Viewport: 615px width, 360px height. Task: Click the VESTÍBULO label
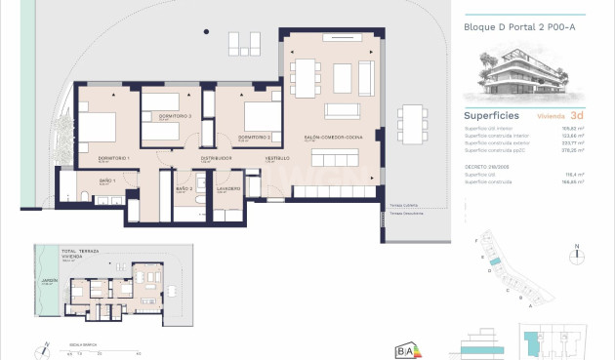click(278, 158)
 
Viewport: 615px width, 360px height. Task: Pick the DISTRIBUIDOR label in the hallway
click(215, 158)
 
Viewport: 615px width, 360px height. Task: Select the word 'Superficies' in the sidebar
click(490, 115)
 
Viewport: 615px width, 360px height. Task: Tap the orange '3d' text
click(580, 115)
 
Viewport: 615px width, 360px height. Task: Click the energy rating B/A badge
click(406, 347)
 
